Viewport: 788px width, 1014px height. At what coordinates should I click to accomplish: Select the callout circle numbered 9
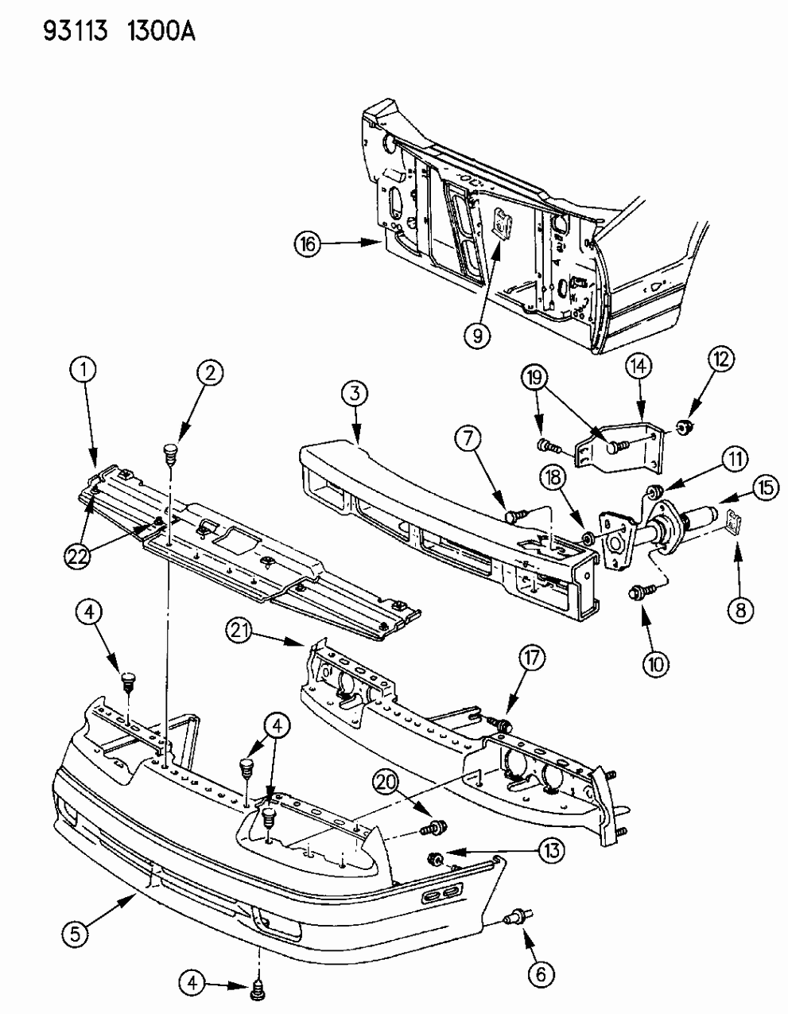pos(476,336)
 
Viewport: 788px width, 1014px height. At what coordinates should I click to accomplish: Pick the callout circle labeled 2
pos(211,372)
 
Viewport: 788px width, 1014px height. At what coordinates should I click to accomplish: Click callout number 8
pos(741,611)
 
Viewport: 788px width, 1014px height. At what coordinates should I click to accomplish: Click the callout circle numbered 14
pos(639,367)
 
